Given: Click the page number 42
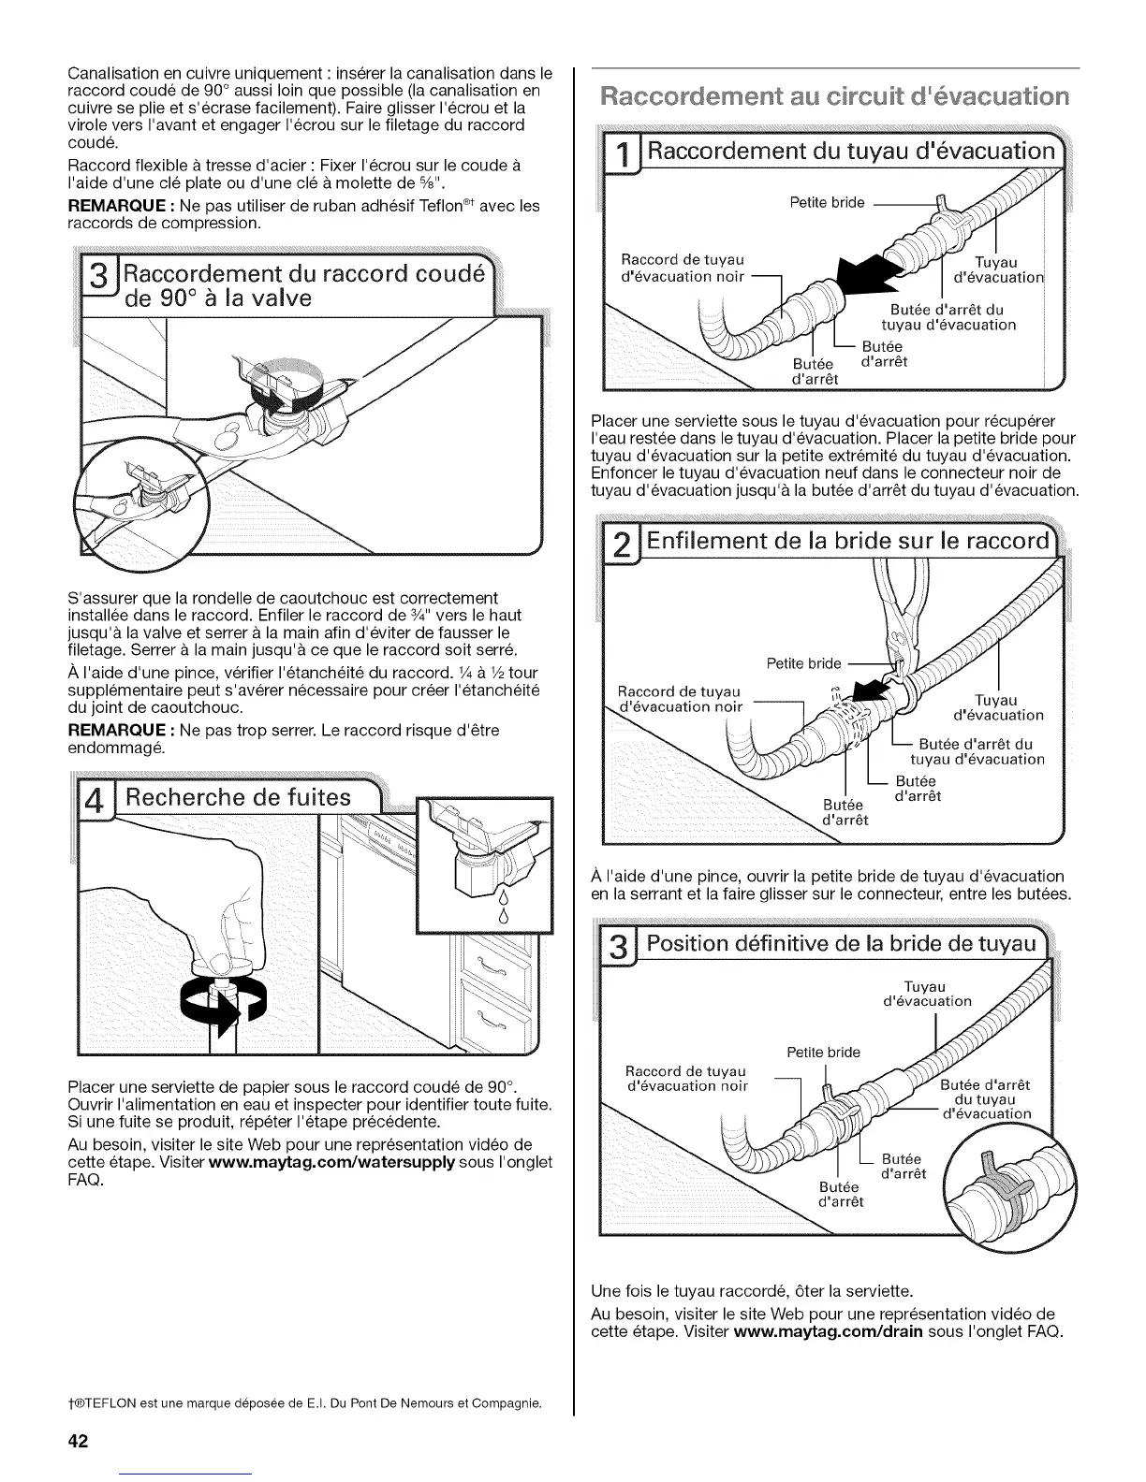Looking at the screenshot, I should tap(77, 1441).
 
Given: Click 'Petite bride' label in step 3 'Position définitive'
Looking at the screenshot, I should tap(823, 1052).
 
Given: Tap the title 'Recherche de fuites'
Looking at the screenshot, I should tap(239, 798).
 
